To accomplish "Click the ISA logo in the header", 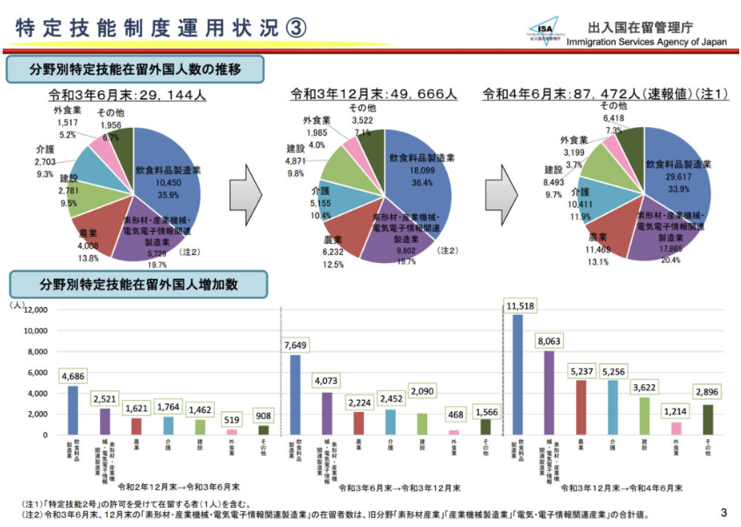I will (546, 30).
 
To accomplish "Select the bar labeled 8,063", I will (548, 392).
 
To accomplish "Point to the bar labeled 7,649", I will (295, 395).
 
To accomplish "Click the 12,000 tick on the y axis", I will (32, 310).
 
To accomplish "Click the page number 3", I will (723, 512).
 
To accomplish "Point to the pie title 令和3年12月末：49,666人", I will (374, 94).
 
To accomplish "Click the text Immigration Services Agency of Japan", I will (647, 42).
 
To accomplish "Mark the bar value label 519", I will (232, 420).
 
